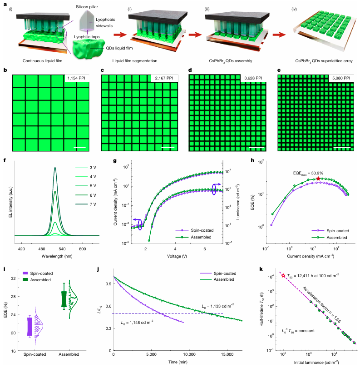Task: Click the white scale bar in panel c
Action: pyautogui.click(x=168, y=147)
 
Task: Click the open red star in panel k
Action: pyautogui.click(x=283, y=276)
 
